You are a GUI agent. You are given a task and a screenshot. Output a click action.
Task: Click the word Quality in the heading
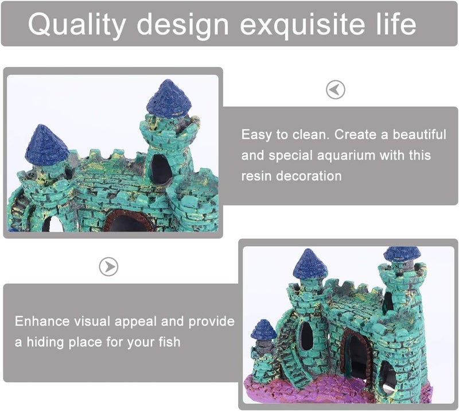point(76,24)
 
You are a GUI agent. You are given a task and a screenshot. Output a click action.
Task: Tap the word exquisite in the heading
point(298,24)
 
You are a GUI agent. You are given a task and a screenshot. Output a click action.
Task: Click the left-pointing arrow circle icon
point(335,90)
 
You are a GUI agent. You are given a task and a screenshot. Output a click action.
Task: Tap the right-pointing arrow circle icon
point(108,266)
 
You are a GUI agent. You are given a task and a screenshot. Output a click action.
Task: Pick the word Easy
point(256,135)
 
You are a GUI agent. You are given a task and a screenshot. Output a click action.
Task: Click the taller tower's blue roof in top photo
point(169,98)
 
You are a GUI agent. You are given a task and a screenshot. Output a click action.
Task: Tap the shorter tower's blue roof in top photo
point(45,143)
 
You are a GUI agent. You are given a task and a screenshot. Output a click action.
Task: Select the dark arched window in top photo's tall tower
point(161,168)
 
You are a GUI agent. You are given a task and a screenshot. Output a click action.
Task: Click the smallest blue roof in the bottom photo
point(263,329)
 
